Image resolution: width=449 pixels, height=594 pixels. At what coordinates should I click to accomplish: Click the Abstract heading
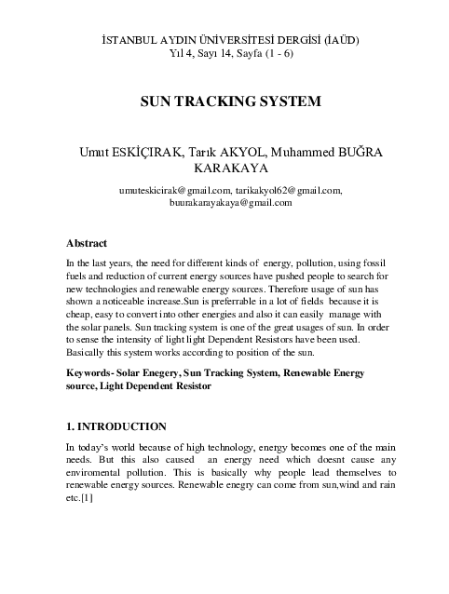click(87, 243)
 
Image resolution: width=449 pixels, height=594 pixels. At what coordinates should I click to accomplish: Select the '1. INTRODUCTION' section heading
click(116, 427)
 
